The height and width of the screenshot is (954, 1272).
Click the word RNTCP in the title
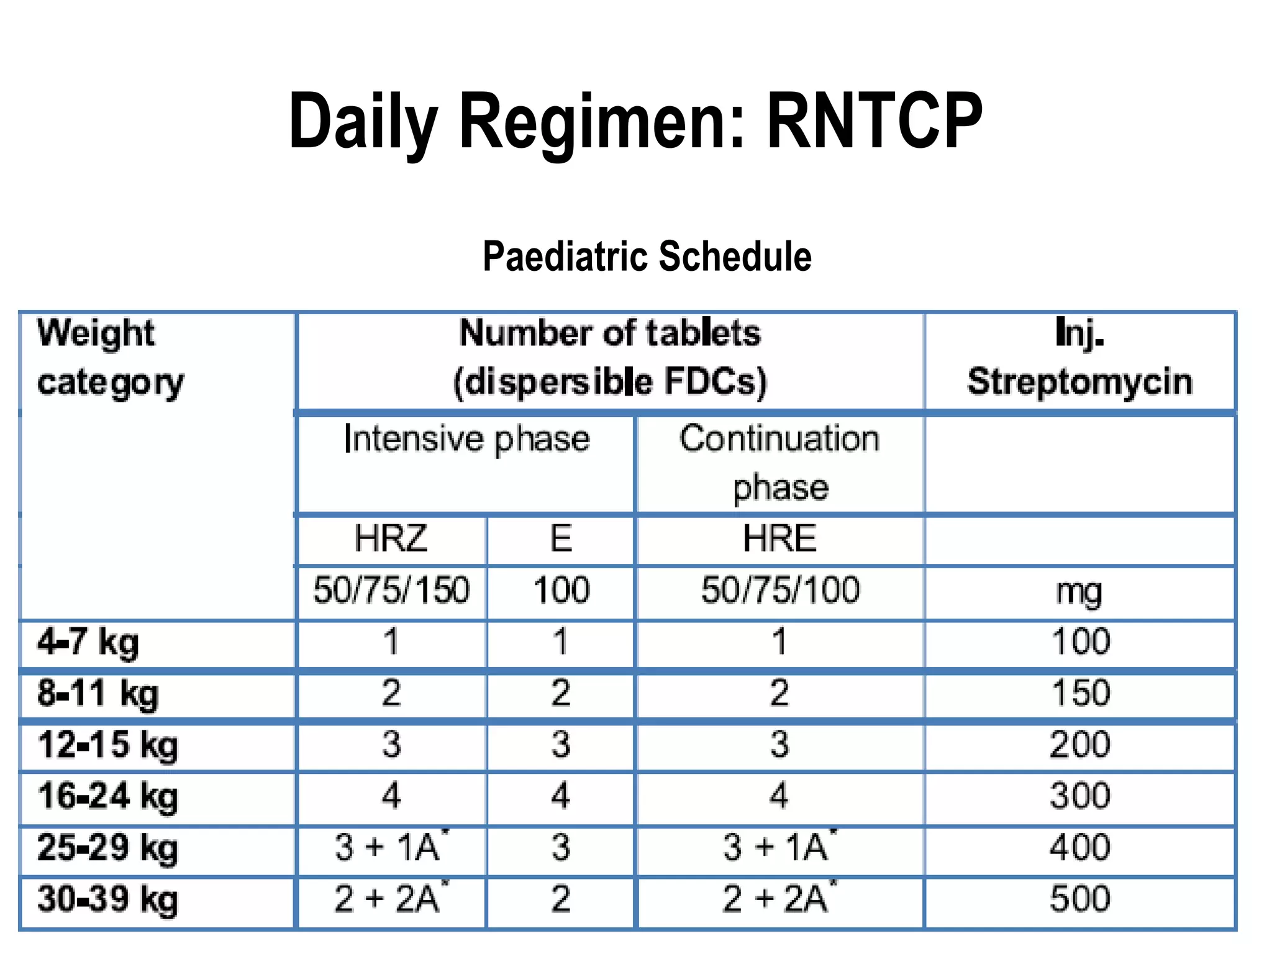[874, 121]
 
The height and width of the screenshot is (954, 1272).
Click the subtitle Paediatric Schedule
[647, 257]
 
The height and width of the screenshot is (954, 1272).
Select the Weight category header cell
[111, 357]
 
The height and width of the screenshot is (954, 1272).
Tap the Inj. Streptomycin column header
[1079, 357]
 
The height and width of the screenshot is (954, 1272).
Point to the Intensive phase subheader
[466, 439]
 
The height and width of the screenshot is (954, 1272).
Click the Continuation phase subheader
[779, 462]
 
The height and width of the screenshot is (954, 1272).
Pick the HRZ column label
[391, 538]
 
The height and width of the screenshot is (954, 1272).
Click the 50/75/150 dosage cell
[391, 590]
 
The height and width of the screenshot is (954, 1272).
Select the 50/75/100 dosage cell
[780, 590]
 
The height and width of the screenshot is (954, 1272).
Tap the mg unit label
[1079, 592]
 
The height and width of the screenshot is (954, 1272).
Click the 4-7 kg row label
[88, 642]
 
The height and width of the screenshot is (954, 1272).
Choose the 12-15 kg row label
[107, 745]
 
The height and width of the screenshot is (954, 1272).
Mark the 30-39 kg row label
[107, 899]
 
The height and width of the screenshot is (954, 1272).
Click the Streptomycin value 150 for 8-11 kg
[1080, 693]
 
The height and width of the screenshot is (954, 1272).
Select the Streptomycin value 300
[1080, 796]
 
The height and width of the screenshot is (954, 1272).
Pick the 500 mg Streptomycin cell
[1080, 899]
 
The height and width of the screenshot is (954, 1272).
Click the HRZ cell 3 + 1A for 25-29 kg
[391, 847]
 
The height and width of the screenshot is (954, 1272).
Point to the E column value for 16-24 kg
[560, 796]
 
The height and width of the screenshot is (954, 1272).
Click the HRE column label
[779, 538]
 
